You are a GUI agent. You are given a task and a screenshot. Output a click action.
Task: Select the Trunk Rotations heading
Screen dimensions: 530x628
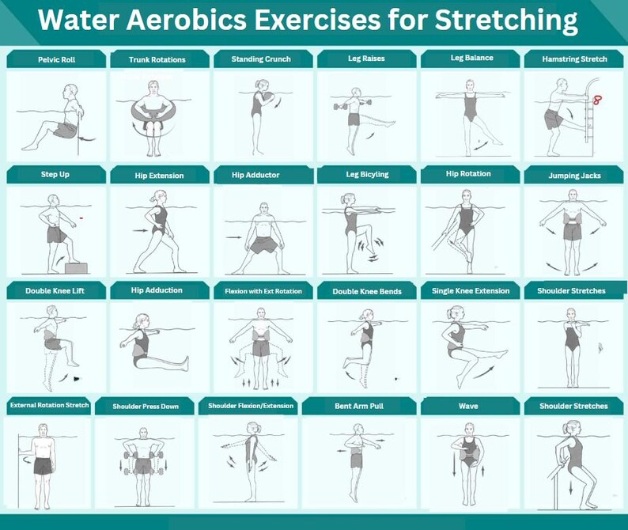157,59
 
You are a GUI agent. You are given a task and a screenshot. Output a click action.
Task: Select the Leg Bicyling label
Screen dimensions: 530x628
367,175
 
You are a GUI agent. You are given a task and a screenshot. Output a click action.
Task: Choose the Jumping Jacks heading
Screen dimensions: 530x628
573,176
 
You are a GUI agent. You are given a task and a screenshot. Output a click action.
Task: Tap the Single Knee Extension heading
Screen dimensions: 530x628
470,291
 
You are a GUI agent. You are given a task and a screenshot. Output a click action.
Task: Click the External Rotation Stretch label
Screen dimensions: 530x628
49,406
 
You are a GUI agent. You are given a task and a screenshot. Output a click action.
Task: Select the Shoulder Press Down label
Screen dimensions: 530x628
146,407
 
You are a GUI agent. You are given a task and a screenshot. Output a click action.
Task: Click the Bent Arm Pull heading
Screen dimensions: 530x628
367,406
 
